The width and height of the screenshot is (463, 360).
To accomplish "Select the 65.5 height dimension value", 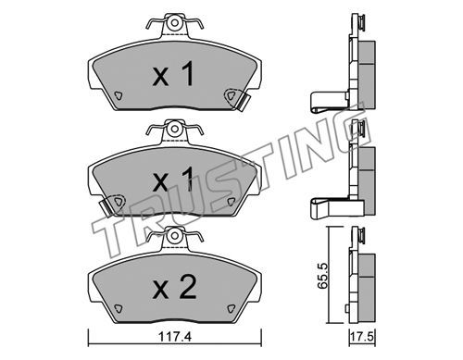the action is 323,276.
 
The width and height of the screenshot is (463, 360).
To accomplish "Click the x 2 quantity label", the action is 175,288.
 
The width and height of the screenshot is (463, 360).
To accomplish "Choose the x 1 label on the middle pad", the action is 174,180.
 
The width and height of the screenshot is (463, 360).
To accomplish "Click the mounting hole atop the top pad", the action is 175,23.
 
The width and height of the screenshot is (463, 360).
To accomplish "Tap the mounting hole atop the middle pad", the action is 175,129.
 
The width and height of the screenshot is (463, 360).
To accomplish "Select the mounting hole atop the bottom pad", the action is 175,236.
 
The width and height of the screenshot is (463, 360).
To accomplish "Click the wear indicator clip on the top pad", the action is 244,101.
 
